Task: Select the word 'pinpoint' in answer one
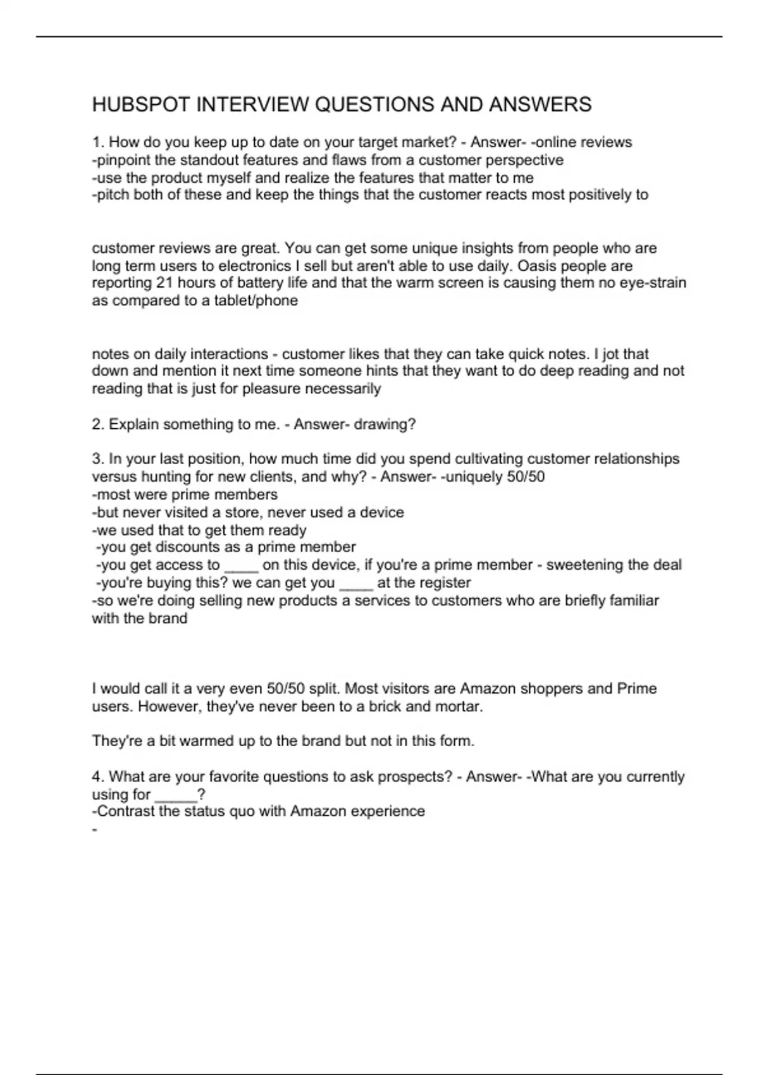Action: [123, 160]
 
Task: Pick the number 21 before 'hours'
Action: [164, 283]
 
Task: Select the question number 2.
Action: [98, 424]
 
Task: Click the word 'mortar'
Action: [456, 706]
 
